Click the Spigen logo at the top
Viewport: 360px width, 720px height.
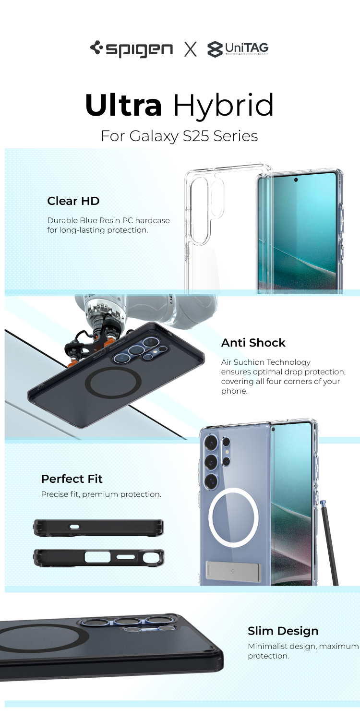point(131,49)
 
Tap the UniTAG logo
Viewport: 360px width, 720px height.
point(238,49)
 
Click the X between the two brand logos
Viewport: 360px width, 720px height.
point(190,49)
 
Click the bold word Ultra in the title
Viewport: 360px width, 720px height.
point(123,105)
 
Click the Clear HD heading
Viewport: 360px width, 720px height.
point(73,201)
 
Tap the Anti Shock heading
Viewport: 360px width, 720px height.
point(253,343)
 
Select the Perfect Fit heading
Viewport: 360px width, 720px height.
point(72,479)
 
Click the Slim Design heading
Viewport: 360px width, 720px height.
point(283,631)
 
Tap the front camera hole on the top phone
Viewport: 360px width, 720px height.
point(296,180)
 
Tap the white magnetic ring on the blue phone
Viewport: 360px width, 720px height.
point(210,517)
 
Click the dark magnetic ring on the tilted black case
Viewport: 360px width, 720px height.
point(87,383)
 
